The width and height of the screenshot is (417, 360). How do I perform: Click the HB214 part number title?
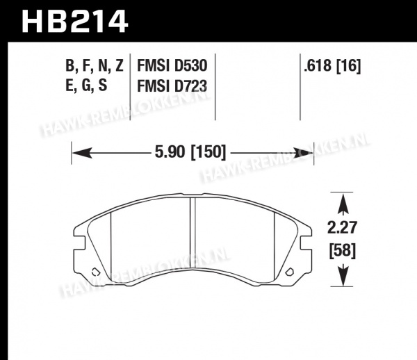75,22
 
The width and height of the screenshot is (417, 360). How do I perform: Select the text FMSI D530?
172,65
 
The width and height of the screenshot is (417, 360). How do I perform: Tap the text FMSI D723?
172,86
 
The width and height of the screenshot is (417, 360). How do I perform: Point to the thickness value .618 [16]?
332,65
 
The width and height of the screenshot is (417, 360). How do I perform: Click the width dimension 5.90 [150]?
190,152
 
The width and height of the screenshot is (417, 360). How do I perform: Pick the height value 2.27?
342,228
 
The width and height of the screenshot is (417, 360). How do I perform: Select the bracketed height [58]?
343,251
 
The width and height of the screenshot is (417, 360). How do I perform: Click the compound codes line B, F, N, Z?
95,65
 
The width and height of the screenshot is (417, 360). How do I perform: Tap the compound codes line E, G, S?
86,85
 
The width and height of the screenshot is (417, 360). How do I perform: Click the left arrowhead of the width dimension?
82,153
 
